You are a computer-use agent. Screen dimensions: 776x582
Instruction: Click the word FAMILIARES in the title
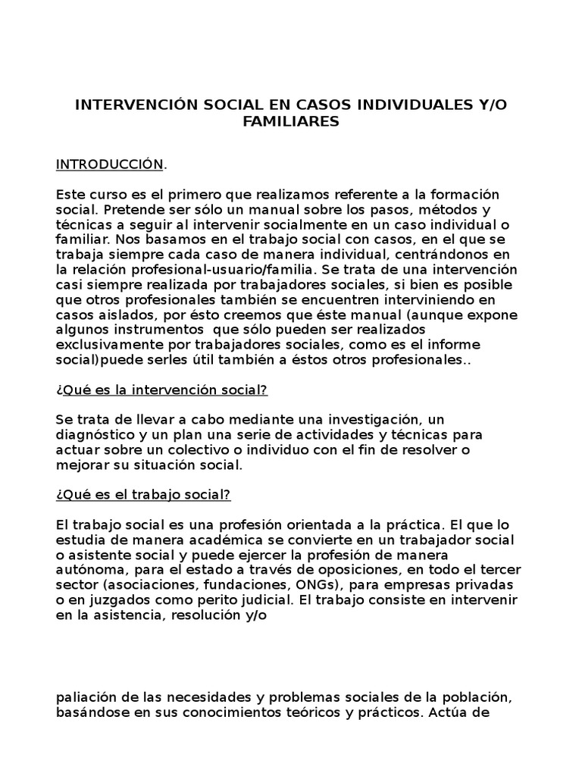(291, 121)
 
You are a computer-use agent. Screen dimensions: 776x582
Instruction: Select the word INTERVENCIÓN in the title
(135, 106)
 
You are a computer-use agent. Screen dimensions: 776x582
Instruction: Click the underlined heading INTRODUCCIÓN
(109, 164)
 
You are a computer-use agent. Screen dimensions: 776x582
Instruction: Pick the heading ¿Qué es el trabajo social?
(144, 494)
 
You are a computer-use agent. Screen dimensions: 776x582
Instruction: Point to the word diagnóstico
(93, 435)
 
